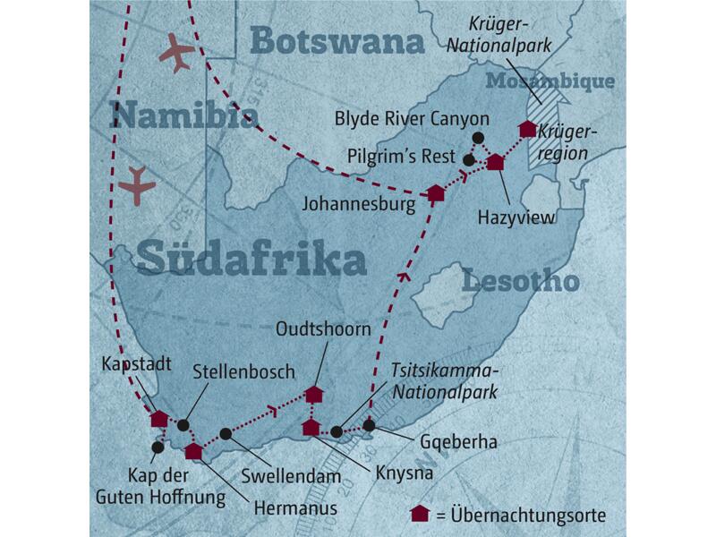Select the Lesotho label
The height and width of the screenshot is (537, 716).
tap(516, 283)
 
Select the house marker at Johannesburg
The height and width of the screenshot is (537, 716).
tap(436, 193)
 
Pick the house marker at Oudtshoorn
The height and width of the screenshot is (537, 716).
tap(314, 394)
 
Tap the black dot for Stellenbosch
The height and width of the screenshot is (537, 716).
tap(183, 425)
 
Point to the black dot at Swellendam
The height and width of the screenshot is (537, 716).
tap(226, 434)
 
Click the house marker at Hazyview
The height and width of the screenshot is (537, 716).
tap(495, 163)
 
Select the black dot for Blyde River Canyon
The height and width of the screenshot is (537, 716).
tap(478, 138)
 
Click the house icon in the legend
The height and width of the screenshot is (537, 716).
tap(418, 513)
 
